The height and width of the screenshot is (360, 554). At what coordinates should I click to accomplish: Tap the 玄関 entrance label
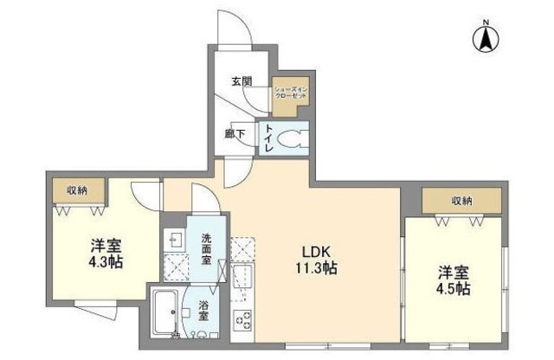click(242, 82)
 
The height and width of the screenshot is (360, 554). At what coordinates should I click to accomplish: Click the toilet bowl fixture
click(292, 137)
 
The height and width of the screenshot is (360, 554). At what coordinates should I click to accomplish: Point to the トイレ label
click(269, 138)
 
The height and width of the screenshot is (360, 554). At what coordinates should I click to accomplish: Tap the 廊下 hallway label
click(234, 134)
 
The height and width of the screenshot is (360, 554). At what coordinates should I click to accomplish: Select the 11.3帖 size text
click(313, 268)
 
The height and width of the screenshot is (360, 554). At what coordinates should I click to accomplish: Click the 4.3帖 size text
click(103, 260)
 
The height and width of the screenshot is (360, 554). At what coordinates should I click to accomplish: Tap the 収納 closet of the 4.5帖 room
click(461, 201)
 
